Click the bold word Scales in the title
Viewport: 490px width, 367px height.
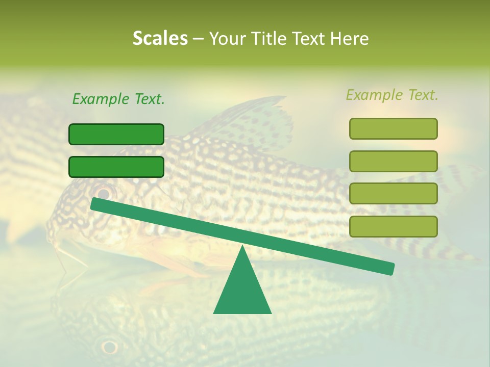160,39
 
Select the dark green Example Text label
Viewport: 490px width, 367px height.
118,99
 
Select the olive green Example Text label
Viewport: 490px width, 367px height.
392,95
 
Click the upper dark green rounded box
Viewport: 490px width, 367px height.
116,134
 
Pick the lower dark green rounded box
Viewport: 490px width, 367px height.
116,167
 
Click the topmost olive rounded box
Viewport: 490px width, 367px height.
393,128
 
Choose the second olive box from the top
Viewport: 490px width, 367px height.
393,161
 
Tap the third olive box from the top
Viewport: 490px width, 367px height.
393,194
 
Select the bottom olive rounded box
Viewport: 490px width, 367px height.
393,226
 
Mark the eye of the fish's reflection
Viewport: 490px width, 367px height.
109,347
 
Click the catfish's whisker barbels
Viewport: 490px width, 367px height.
64,252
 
